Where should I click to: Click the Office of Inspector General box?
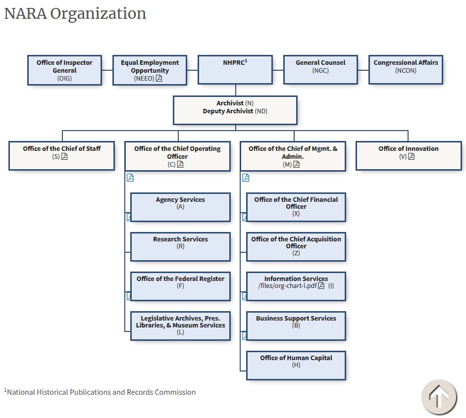64,70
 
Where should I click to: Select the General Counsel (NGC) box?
320,70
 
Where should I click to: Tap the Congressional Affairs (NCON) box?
406,70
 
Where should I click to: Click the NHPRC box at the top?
235,70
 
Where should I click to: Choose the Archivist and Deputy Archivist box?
235,110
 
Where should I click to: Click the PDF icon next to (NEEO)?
159,78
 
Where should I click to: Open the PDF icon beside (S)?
64,157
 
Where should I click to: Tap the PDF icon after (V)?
411,157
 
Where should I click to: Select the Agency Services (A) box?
180,207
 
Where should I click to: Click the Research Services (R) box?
180,246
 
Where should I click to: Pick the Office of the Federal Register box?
180,286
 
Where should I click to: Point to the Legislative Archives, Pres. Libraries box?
180,325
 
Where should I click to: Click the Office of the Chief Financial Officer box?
296,207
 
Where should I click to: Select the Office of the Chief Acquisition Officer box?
296,246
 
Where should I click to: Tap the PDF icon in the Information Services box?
321,286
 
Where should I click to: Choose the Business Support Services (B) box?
296,325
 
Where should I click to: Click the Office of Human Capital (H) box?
296,365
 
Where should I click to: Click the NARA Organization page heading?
75,13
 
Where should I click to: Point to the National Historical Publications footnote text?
101,392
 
